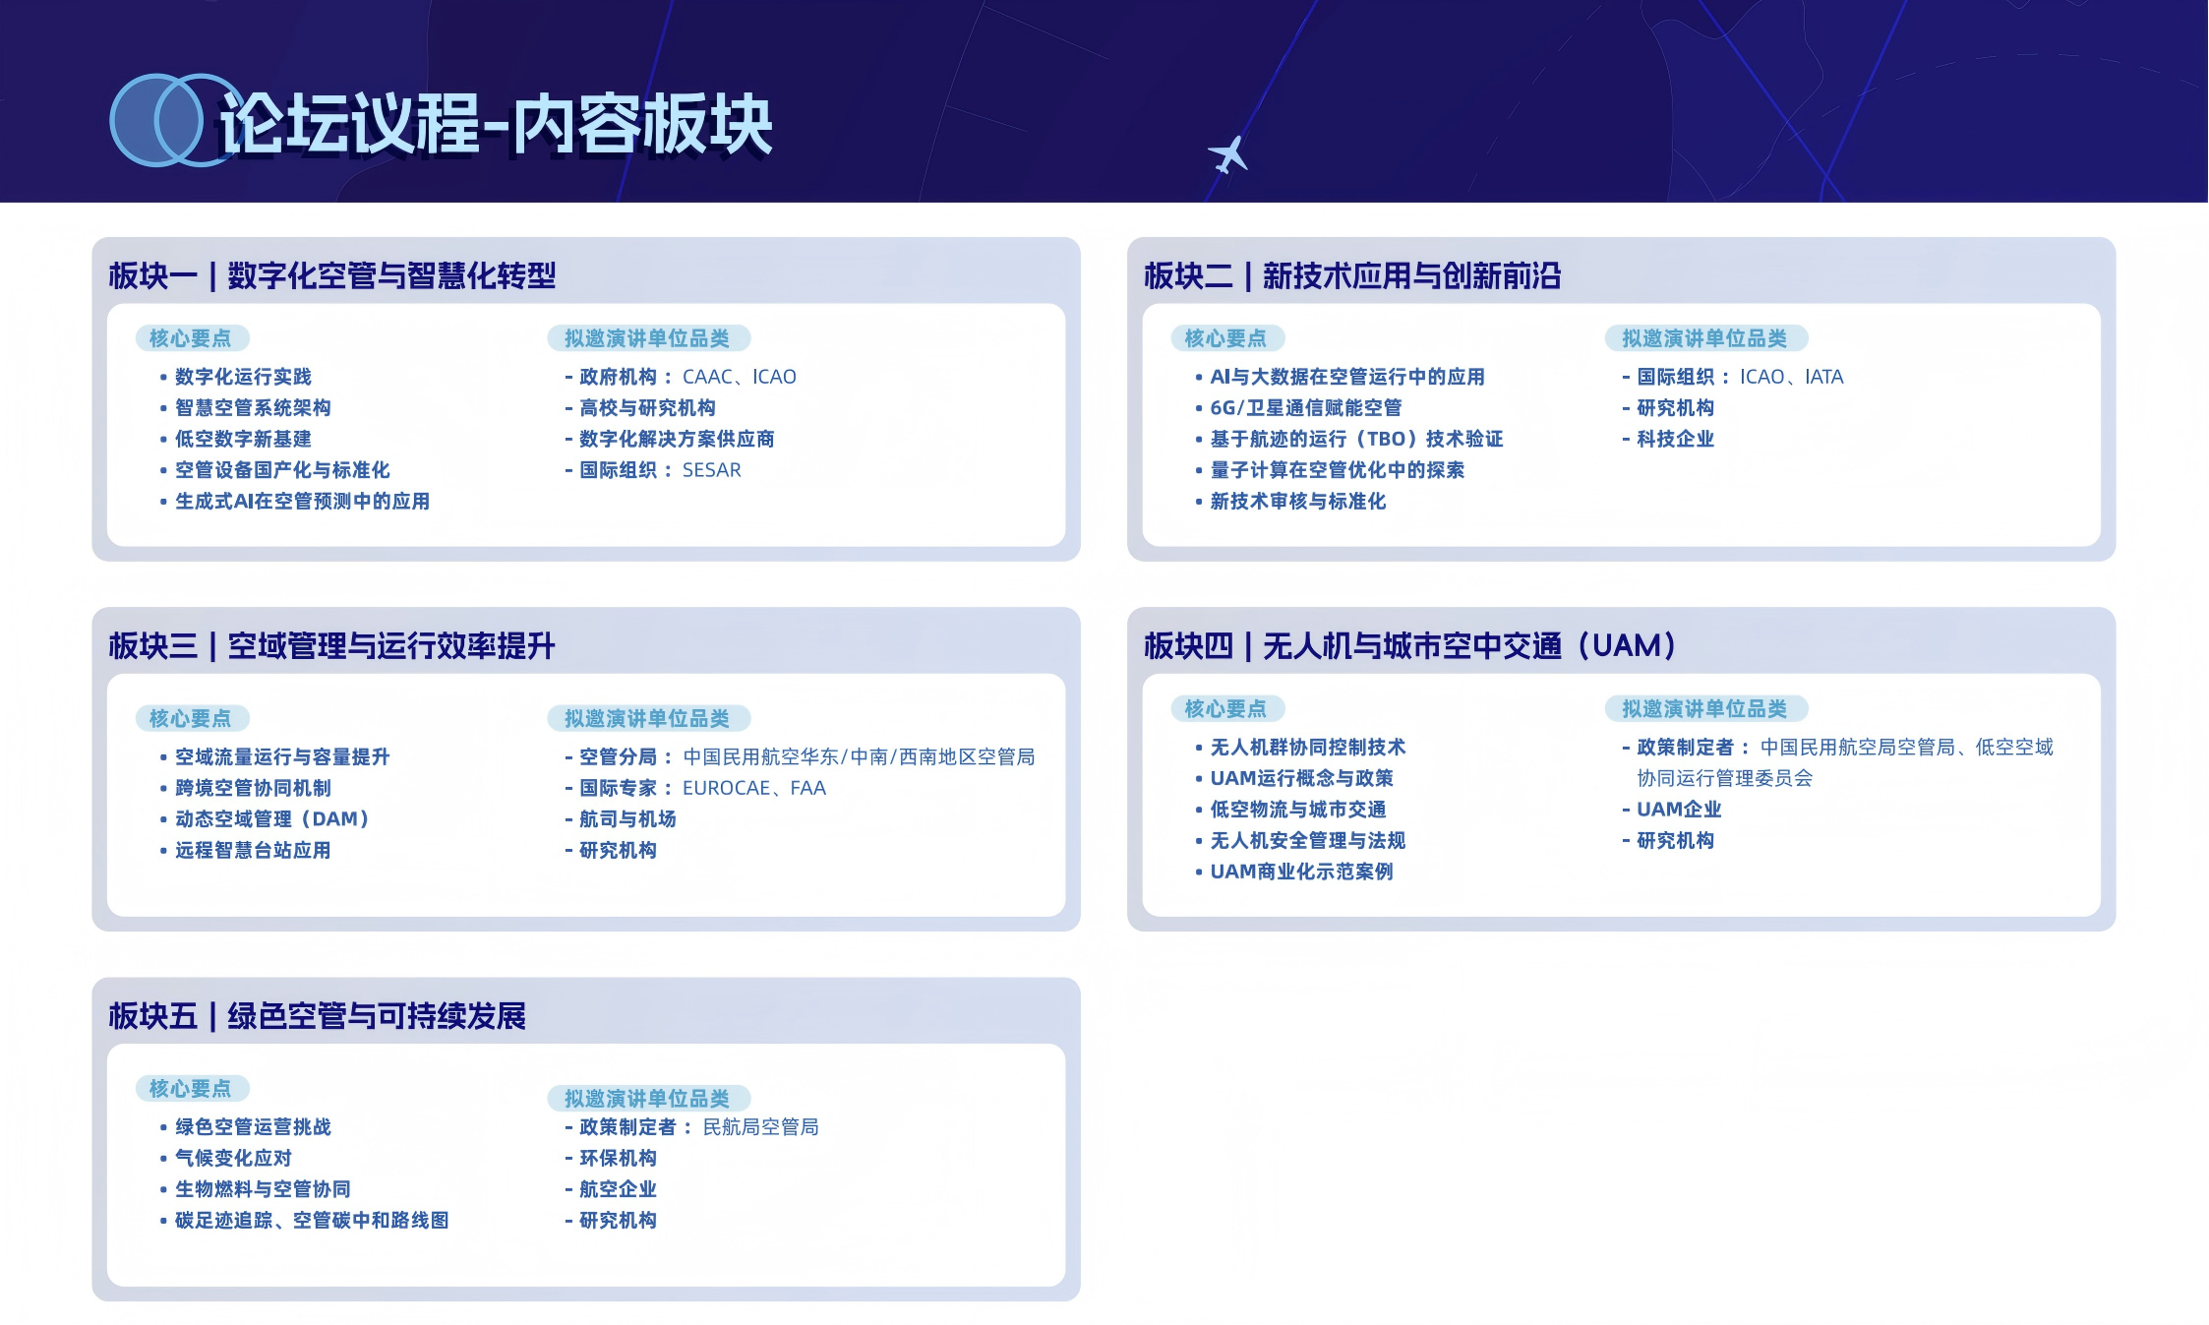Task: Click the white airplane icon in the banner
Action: tap(1227, 155)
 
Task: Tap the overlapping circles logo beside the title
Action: tap(171, 120)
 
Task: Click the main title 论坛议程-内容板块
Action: tap(496, 124)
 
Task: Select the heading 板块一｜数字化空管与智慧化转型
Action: tap(332, 275)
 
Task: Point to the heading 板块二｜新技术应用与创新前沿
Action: tap(1352, 275)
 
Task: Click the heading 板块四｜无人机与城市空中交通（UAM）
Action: tap(1410, 645)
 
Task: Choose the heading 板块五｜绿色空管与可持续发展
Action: tap(318, 1015)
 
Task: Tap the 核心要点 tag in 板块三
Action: tap(192, 718)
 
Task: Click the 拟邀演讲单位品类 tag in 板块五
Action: tap(648, 1098)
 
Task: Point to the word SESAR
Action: tap(712, 470)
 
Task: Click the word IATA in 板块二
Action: tap(1824, 377)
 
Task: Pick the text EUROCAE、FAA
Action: tap(754, 788)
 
